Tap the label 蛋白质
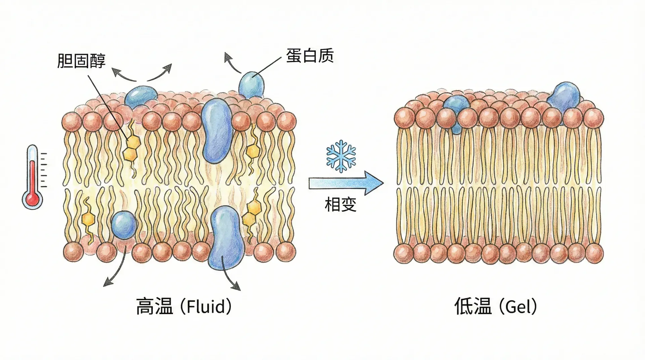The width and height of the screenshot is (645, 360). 309,55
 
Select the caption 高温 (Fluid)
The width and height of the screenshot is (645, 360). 184,306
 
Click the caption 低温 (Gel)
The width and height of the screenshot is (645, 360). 496,306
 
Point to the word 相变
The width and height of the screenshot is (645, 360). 340,205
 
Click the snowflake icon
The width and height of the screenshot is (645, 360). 341,156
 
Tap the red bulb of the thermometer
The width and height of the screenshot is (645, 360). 32,199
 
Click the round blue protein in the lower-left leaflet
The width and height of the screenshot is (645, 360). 124,225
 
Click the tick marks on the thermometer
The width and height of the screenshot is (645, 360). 44,170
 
